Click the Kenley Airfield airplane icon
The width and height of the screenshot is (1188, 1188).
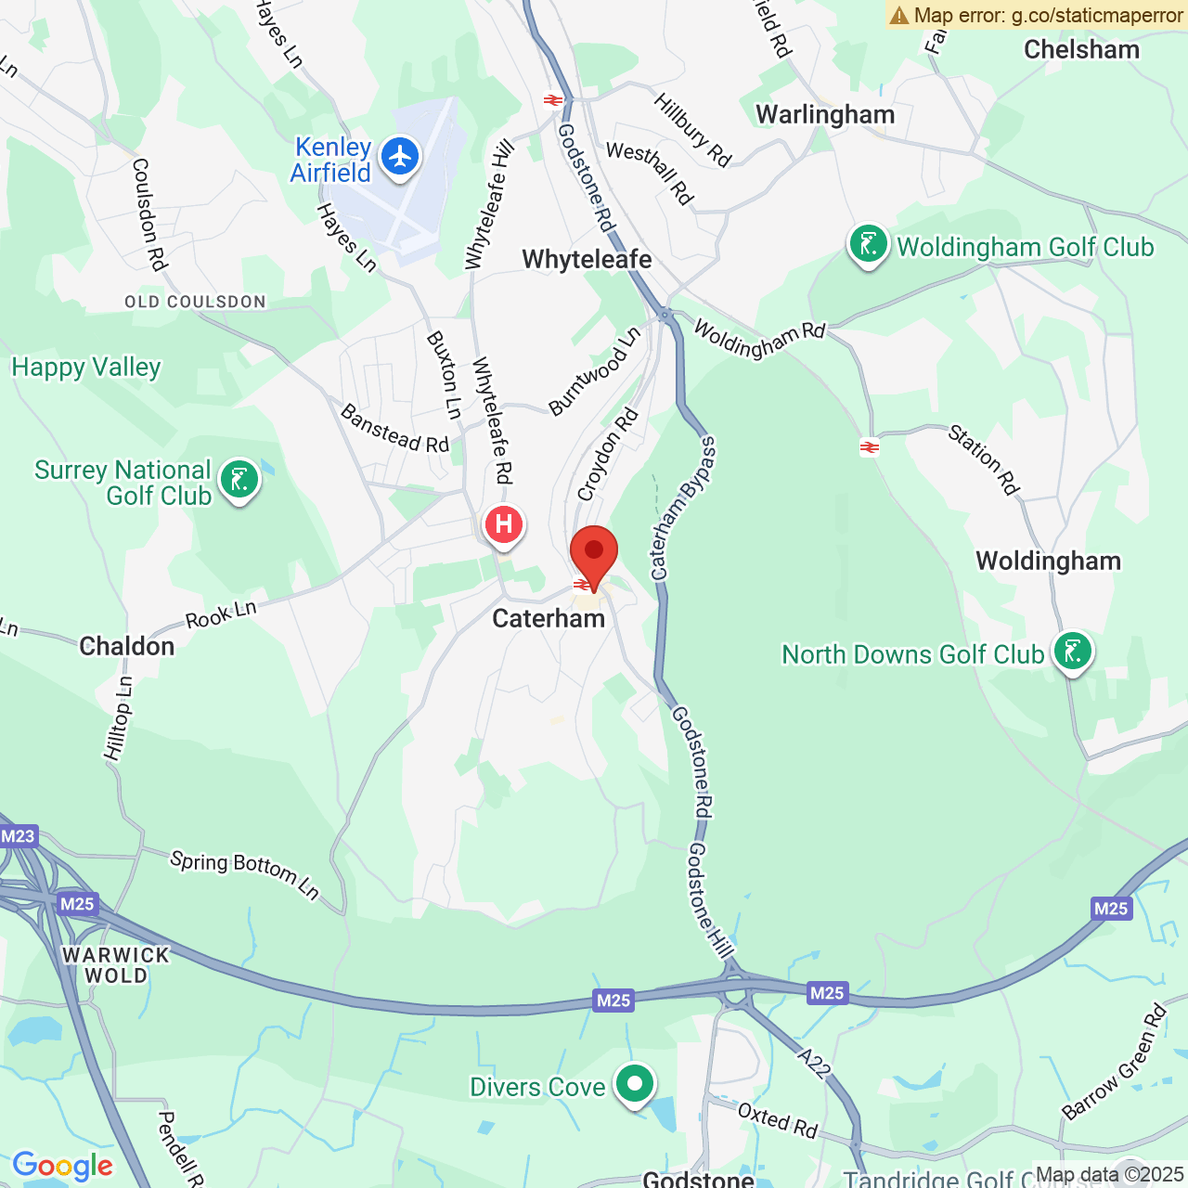(400, 156)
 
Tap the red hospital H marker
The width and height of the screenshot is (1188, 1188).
(504, 524)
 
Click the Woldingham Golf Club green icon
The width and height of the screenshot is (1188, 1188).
(868, 245)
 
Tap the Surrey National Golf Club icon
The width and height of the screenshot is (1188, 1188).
(239, 480)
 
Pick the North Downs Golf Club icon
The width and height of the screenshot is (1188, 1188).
(1072, 652)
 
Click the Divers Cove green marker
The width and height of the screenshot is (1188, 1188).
(635, 1083)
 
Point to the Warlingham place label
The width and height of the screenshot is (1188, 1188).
(825, 114)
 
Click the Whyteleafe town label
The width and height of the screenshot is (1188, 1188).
(587, 259)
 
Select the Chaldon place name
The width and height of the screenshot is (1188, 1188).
(127, 646)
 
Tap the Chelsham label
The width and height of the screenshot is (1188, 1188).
(1081, 49)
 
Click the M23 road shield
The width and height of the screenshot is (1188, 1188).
(18, 836)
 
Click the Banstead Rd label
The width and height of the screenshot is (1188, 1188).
(394, 429)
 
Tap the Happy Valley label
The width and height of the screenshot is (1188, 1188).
(86, 368)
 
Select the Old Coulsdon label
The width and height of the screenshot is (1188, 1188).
(195, 302)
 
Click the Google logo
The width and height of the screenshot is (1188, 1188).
(63, 1166)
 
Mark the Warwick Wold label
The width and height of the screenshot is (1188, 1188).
(116, 965)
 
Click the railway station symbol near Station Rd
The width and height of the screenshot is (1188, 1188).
(870, 447)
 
